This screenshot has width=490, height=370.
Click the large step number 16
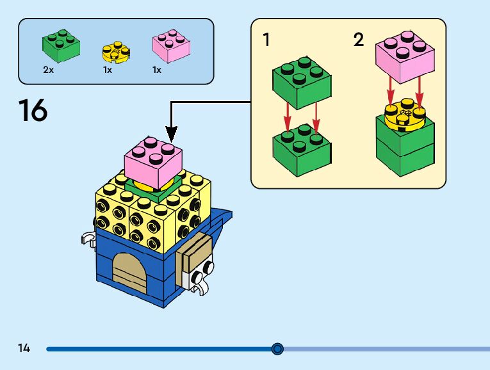[33, 110]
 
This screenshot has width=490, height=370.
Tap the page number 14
[24, 348]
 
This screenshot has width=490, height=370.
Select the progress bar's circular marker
[277, 349]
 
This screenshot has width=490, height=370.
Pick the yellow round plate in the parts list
[115, 51]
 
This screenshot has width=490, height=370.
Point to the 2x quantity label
[49, 70]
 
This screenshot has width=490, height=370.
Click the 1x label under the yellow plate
[107, 70]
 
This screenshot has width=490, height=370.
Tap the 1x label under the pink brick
[157, 70]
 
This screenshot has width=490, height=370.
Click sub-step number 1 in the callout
[266, 40]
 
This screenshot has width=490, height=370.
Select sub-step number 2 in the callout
[359, 40]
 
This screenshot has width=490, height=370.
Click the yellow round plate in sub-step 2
[405, 115]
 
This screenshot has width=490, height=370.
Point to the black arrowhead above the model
[171, 134]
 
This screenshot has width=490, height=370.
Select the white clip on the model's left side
[86, 240]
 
